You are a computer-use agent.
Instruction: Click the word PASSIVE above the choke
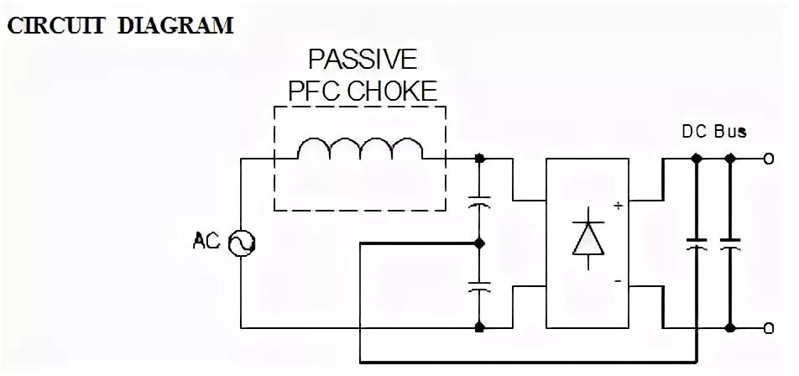pos(362,60)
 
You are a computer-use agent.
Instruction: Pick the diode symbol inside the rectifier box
pos(587,238)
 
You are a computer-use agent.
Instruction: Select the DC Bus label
pos(713,132)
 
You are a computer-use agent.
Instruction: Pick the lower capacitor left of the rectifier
pos(479,286)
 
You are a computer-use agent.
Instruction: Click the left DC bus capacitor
pos(697,244)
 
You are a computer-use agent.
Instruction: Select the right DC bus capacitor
pos(730,244)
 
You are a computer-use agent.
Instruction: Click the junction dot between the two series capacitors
pos(479,243)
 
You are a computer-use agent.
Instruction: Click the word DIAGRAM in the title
pos(175,26)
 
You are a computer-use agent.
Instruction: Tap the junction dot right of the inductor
pos(479,157)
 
